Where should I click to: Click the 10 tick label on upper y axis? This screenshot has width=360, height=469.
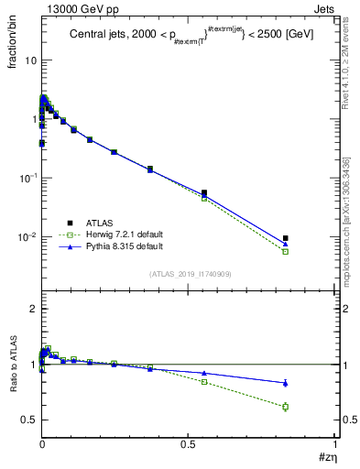[x=29, y=60]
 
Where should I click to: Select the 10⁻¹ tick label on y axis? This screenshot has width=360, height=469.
[x=27, y=178]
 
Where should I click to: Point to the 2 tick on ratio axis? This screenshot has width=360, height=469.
[x=31, y=310]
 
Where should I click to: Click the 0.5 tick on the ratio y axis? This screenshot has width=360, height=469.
[x=27, y=420]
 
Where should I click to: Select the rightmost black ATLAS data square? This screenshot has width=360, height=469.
[x=286, y=238]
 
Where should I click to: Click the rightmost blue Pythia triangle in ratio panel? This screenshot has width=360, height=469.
[x=286, y=383]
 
